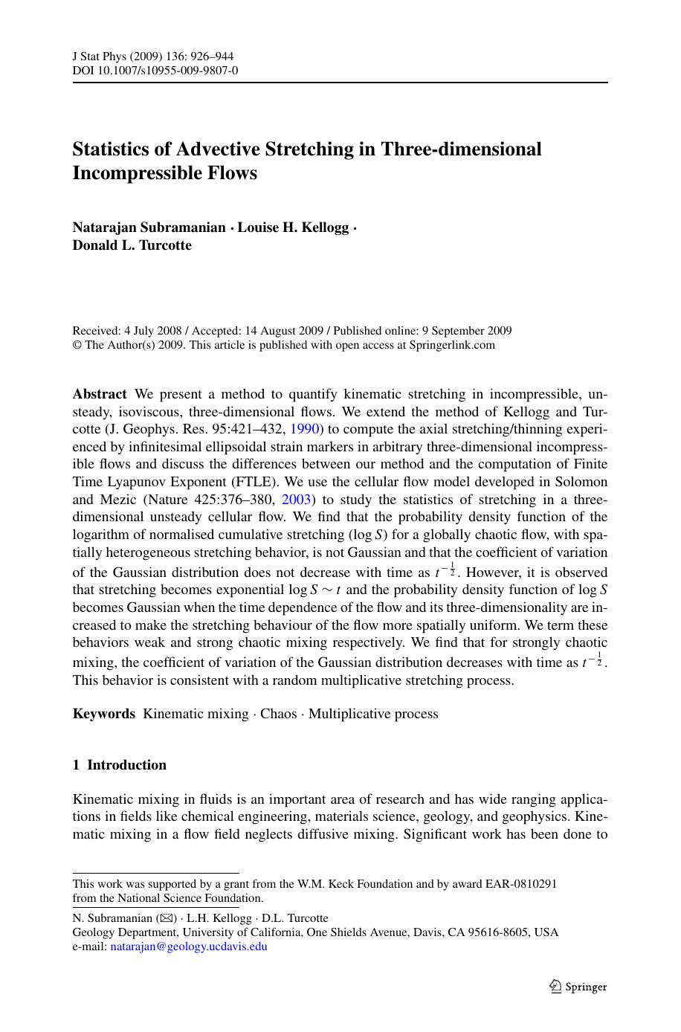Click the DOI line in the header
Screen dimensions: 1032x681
155,71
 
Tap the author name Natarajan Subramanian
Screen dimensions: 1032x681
149,228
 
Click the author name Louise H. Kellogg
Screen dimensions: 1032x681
293,228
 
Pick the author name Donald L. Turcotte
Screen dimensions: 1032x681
132,245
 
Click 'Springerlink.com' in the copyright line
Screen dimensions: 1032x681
452,345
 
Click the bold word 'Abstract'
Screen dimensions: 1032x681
100,394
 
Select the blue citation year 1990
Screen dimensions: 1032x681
303,429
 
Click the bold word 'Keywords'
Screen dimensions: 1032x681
104,714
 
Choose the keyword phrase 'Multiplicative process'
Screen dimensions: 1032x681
373,714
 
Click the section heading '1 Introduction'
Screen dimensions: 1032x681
120,765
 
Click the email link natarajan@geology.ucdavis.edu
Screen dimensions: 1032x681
189,946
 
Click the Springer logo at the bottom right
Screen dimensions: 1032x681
578,987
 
